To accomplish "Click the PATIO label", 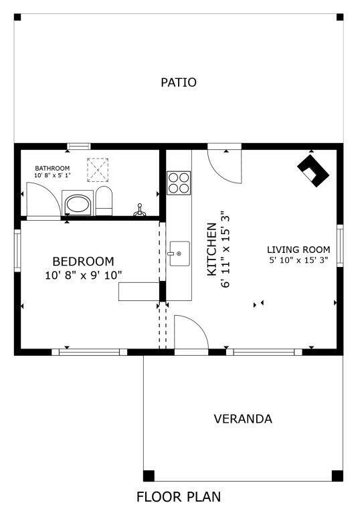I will [179, 83].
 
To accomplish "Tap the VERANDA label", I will [243, 419].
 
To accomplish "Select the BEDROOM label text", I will [83, 262].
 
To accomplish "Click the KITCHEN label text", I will [211, 249].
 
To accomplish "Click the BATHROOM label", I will [52, 168].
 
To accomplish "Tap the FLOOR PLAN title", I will [179, 497].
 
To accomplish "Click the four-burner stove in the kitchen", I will [179, 183].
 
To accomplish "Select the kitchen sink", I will [179, 254].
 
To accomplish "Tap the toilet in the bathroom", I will [104, 201].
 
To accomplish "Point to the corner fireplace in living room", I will [312, 171].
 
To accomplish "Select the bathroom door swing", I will [40, 199].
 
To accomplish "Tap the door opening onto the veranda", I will [191, 332].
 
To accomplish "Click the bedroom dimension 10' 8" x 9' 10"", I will [83, 275].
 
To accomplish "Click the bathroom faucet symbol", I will [140, 211].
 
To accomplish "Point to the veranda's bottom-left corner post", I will [149, 476].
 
